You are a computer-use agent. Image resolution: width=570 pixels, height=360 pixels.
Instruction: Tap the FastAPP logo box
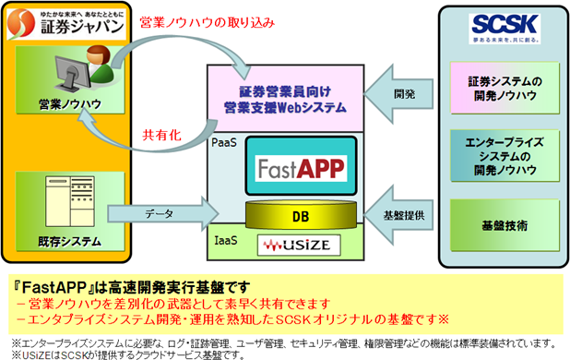coord(301,169)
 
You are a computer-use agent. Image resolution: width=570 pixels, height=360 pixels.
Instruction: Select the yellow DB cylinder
coord(300,215)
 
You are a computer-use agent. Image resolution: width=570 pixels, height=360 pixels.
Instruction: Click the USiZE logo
coord(300,245)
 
